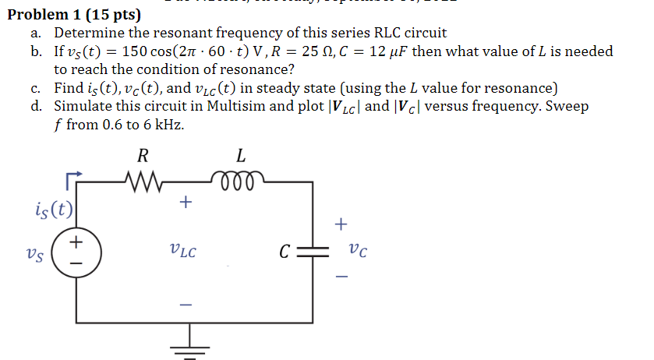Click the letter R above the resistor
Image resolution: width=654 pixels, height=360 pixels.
click(x=143, y=156)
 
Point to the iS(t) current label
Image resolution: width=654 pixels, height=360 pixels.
click(x=55, y=209)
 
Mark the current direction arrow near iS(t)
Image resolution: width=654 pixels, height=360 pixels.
click(x=73, y=180)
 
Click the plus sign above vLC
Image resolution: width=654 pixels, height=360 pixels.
click(x=185, y=203)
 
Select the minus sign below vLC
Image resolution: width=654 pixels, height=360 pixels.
click(x=185, y=303)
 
